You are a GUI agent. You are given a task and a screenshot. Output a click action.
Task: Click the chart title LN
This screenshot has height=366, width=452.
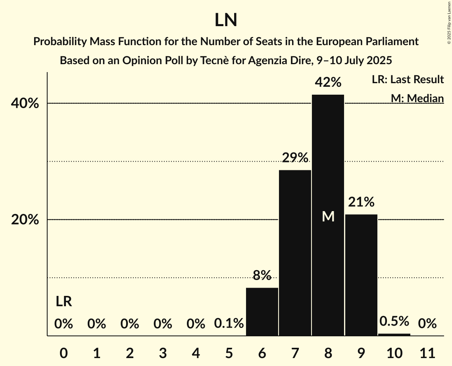coord(226,20)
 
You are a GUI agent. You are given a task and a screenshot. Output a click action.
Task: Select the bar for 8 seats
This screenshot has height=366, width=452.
coord(328,158)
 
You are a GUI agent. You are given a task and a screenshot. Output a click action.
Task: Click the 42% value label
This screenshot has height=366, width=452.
coord(328,83)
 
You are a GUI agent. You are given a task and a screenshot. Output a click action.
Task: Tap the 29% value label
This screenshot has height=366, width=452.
coord(295,158)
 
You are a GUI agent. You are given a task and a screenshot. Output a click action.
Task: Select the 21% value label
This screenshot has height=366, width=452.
coord(361,202)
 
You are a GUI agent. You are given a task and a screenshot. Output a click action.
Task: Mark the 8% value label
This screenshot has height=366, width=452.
coord(262,275)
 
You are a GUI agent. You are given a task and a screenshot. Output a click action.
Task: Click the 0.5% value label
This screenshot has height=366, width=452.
coord(394,321)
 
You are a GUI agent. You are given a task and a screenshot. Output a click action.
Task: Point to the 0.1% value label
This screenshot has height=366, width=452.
coord(229,324)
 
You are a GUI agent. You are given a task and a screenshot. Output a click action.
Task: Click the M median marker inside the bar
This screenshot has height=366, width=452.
coord(328,216)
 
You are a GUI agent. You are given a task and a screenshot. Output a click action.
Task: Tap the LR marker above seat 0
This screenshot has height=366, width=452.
coord(63,302)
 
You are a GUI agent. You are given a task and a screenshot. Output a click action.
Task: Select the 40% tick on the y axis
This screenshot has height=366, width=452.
coord(25,103)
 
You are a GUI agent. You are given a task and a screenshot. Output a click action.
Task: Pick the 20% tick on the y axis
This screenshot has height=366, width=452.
coord(25,220)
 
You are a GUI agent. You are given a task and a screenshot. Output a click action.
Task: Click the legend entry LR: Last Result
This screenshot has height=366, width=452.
coord(408,80)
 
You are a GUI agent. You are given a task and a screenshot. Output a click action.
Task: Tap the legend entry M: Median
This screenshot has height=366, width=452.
coord(417,98)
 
